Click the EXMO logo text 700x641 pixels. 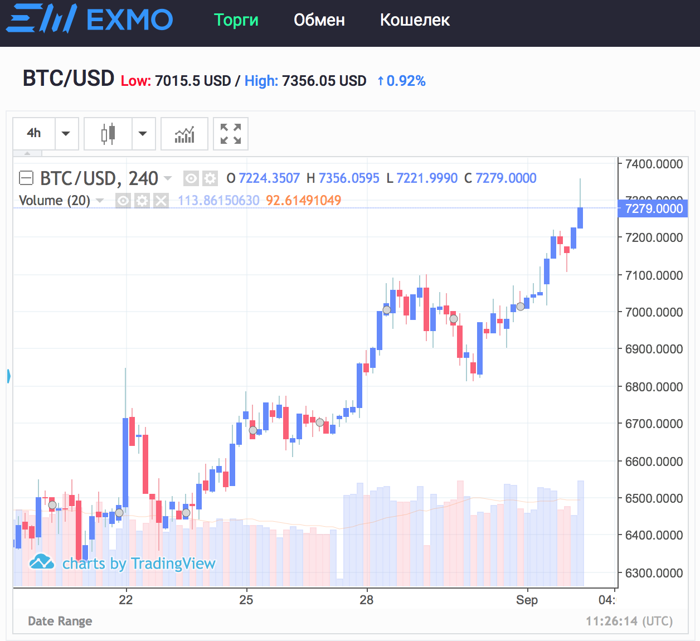[129, 20]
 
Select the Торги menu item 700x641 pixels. [236, 20]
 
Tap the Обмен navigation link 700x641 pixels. [319, 20]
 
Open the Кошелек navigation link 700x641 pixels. [415, 20]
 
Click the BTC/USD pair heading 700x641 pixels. [69, 79]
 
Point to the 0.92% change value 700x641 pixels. [406, 81]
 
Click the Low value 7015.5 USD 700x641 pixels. [192, 81]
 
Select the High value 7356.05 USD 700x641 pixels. [324, 81]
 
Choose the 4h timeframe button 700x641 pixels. [34, 133]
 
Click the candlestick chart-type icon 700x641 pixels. [108, 134]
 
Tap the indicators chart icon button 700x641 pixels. [184, 134]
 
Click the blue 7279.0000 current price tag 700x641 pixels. [654, 208]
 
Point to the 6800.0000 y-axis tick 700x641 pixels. [654, 387]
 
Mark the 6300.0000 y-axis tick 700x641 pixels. [654, 573]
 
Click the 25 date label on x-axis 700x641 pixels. [246, 600]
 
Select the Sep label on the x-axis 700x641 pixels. [527, 600]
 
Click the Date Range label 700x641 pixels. [60, 621]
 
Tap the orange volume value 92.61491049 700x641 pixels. [303, 201]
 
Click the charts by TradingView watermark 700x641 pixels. [138, 564]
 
